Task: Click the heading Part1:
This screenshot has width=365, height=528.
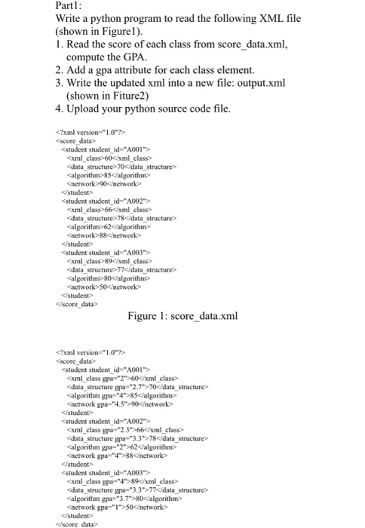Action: [x=70, y=7]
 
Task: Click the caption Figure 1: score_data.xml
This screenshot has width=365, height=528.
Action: [x=182, y=315]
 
